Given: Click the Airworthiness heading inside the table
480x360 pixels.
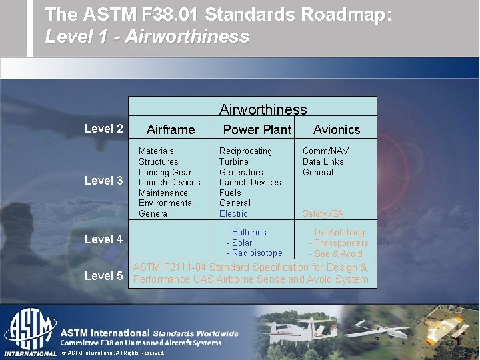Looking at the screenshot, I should point(263,109).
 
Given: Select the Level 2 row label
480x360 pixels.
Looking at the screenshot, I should point(103,129).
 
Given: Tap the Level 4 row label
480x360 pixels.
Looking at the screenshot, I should point(103,239).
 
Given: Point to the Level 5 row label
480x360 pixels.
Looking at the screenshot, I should point(103,275).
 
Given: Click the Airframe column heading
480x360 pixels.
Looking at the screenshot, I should point(171,130).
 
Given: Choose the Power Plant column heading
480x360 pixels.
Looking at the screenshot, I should point(257,130).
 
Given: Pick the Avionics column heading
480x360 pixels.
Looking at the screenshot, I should point(336,130).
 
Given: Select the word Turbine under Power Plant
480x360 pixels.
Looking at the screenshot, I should point(233,161).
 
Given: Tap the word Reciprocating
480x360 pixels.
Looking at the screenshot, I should point(245,151).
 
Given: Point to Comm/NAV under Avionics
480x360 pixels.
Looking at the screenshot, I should point(325,151).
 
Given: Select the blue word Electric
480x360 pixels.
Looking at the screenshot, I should point(233,213).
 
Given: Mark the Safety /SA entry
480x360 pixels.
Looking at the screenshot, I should point(323,213).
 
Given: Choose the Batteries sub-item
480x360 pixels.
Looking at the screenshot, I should point(248,233).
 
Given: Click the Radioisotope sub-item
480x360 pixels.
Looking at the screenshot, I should point(256,253).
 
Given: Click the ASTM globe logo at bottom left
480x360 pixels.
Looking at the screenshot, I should point(29,330).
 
